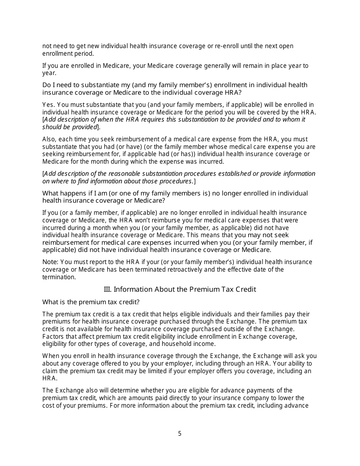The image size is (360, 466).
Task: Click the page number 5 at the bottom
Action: click(x=180, y=434)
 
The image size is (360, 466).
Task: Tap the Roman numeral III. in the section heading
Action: click(x=108, y=289)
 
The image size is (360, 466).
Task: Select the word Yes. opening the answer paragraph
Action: click(x=49, y=105)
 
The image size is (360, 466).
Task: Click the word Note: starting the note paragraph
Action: click(x=50, y=262)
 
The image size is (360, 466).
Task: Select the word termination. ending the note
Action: click(x=59, y=277)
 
